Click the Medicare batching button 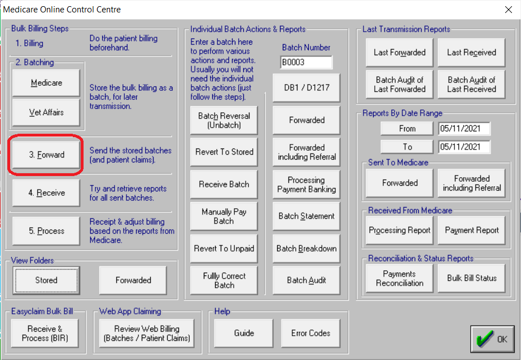pos(46,83)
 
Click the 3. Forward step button pos(46,155)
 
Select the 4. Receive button pos(46,193)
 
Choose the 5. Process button pos(46,231)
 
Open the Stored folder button pos(46,280)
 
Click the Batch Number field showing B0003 pos(306,62)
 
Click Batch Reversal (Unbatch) pos(224,120)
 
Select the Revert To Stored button pos(224,152)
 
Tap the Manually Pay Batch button pos(224,216)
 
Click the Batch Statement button pos(307,216)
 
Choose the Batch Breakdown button pos(307,248)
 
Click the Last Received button pos(471,52)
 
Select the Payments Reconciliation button pos(399,278)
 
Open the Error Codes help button pos(310,333)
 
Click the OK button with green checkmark pos(493,339)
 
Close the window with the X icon pos(508,9)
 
